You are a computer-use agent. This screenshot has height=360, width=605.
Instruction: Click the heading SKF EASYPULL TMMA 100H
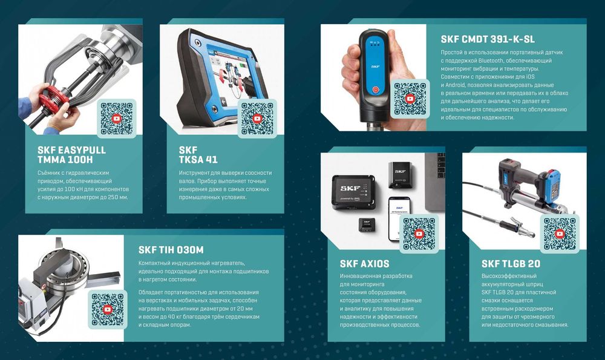pos(71,155)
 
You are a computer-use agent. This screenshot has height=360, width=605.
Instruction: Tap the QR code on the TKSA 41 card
pos(257,119)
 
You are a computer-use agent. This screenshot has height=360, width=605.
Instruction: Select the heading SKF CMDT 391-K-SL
pos(488,39)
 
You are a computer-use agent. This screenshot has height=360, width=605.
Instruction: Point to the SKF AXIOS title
pos(364,264)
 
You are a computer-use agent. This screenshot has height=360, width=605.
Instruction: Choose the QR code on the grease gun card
pos(560,234)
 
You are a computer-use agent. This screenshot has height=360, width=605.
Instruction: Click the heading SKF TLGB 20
pos(511,264)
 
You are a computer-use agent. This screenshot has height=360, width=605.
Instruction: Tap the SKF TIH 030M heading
pos(171,250)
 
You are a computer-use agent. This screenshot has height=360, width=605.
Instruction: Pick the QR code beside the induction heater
pos(108,309)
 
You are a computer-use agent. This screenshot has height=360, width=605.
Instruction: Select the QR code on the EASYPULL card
pos(117,119)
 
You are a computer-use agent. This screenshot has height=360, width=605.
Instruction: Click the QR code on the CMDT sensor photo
pos(410,99)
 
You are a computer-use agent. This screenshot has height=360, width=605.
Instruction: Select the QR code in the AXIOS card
pos(419,234)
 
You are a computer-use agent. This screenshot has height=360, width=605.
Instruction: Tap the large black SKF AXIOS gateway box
pos(353,192)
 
